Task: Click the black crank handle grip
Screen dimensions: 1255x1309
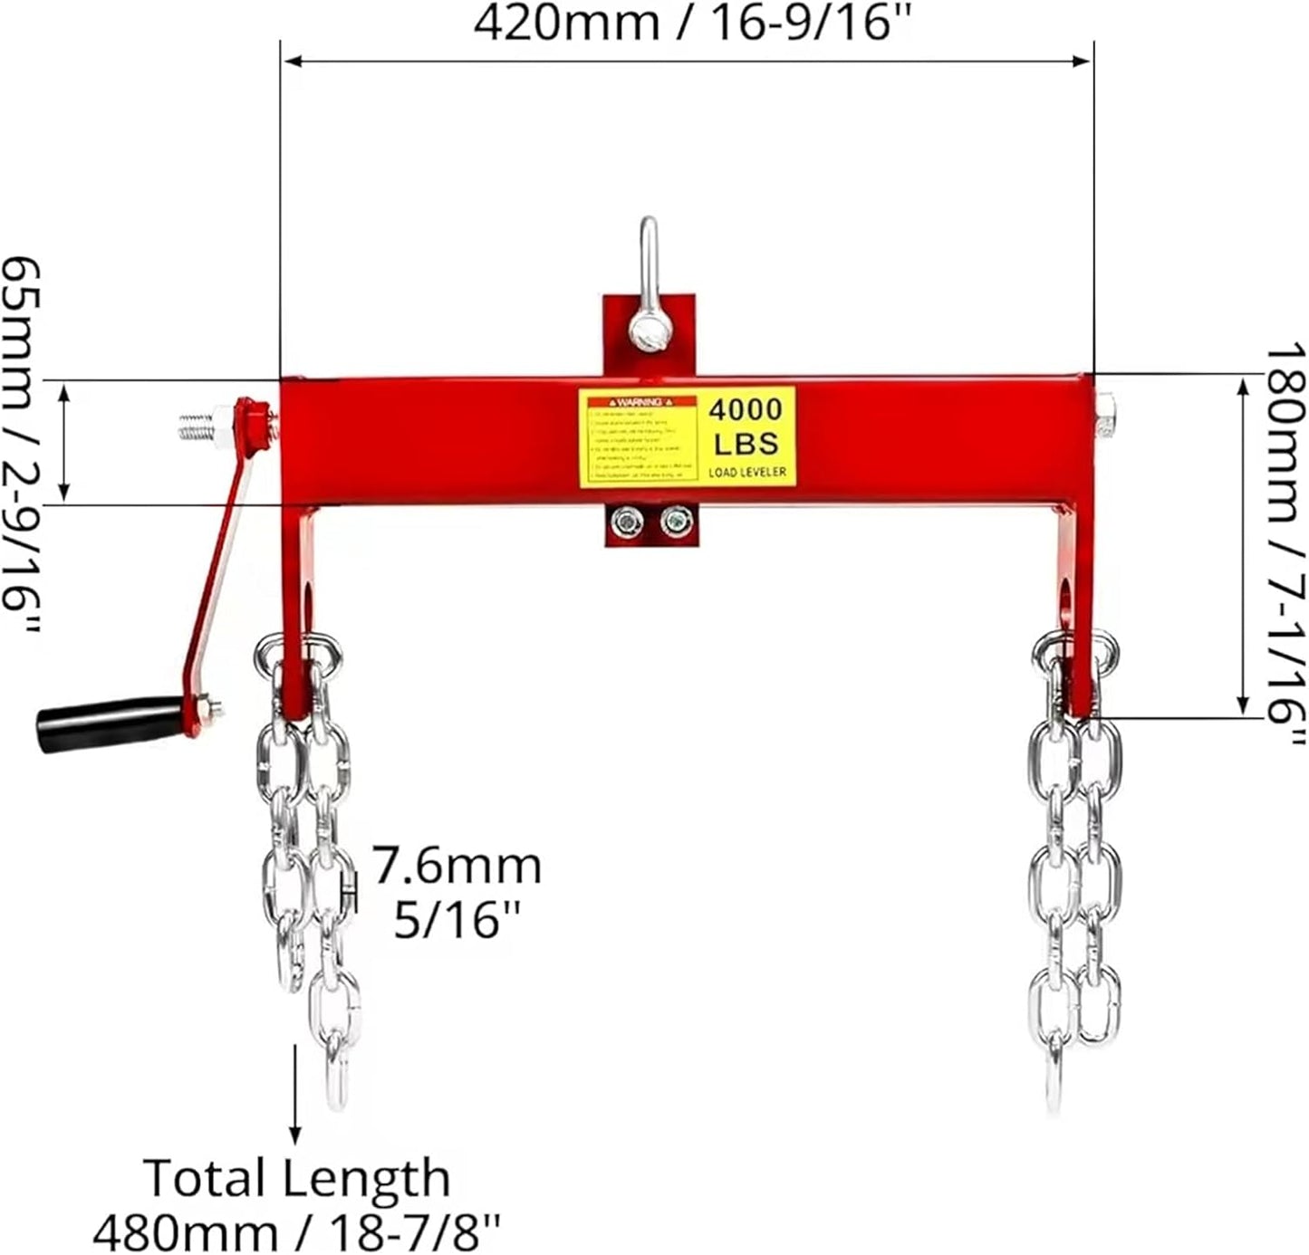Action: (x=109, y=723)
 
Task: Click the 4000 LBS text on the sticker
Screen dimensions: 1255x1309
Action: (x=745, y=426)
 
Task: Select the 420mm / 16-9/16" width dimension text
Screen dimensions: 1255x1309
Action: (x=690, y=24)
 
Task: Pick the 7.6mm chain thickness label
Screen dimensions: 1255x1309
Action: (x=457, y=866)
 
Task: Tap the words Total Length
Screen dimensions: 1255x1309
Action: (x=296, y=1178)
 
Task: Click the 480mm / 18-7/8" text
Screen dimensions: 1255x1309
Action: (x=296, y=1231)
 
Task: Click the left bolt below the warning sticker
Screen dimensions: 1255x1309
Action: (x=624, y=521)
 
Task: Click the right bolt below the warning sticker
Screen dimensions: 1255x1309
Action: (x=675, y=521)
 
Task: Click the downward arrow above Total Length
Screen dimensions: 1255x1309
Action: (x=295, y=1096)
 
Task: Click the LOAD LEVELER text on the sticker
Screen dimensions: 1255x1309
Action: (x=747, y=472)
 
